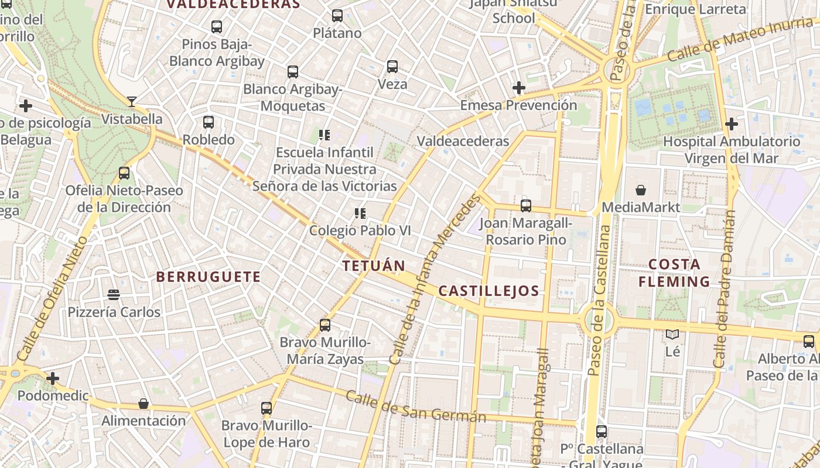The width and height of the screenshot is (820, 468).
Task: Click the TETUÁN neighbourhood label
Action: click(x=374, y=266)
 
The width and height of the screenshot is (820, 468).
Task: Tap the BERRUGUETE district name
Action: click(x=209, y=277)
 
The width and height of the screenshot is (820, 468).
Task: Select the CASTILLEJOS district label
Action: click(x=488, y=291)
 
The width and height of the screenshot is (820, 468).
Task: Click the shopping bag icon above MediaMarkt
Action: click(x=641, y=190)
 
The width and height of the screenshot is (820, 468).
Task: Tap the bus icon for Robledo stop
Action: click(x=209, y=122)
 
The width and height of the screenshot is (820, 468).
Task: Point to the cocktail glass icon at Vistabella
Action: click(x=132, y=102)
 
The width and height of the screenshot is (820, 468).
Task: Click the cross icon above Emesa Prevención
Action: click(x=518, y=88)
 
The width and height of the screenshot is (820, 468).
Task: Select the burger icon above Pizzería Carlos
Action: click(x=114, y=295)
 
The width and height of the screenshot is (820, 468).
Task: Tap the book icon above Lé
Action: click(x=672, y=335)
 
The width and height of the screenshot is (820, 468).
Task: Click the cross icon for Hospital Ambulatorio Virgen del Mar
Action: click(x=731, y=124)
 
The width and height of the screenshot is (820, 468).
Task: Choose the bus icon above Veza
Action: click(x=392, y=67)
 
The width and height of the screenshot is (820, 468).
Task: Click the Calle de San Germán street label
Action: click(x=415, y=407)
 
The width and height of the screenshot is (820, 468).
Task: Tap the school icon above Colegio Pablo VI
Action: click(x=360, y=214)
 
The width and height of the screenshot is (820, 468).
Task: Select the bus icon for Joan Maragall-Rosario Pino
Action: click(x=526, y=206)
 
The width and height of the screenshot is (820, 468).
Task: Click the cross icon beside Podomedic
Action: click(x=53, y=378)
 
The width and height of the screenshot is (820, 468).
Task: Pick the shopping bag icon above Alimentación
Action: click(x=143, y=404)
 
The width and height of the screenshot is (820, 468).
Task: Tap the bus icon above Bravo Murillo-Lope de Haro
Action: click(x=266, y=408)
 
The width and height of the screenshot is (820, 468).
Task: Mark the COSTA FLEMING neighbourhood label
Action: click(x=674, y=273)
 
